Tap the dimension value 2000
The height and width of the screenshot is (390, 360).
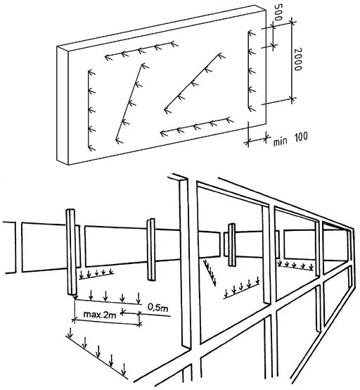click(297, 59)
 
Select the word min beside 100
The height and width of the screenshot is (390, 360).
click(280, 141)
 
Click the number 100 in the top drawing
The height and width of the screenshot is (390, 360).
click(301, 137)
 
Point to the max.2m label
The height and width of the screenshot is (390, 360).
click(100, 315)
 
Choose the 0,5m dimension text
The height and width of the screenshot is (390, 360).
click(157, 308)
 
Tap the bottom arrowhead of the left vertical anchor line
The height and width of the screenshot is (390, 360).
click(92, 148)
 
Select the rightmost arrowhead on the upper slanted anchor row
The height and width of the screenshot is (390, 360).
click(174, 44)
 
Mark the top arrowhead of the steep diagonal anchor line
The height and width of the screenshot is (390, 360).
click(145, 66)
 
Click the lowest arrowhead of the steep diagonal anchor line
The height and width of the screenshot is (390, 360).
click(120, 141)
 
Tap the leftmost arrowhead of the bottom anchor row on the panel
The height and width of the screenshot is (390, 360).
click(164, 134)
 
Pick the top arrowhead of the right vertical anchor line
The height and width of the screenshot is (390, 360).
click(252, 33)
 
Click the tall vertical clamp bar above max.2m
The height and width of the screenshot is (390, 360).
click(71, 252)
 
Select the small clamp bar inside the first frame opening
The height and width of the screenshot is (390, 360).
click(232, 245)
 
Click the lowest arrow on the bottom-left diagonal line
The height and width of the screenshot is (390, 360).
click(124, 370)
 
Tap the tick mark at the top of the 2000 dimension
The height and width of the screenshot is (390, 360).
click(292, 23)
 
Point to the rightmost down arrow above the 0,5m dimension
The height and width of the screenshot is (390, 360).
click(139, 298)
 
